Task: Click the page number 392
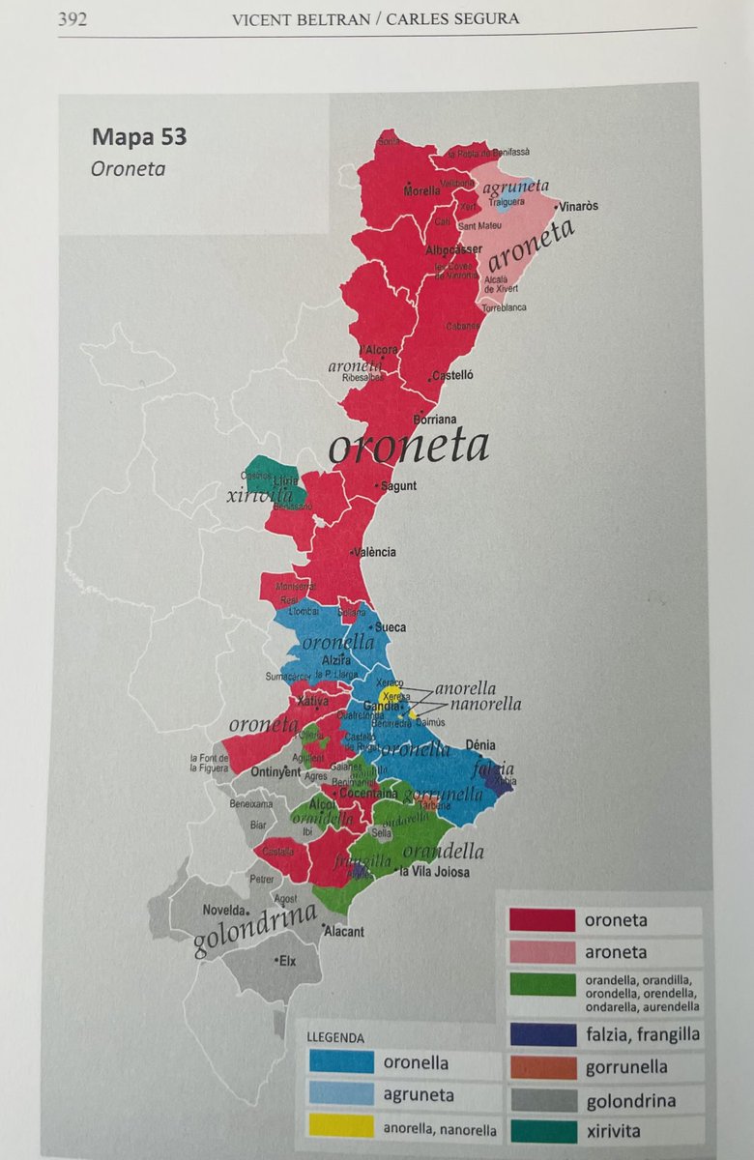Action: click(x=72, y=18)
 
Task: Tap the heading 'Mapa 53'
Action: click(x=139, y=136)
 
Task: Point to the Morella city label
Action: click(x=421, y=190)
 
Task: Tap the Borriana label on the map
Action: click(x=434, y=420)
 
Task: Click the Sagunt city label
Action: click(x=398, y=485)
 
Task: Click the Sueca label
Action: click(x=391, y=627)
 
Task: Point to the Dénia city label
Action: click(x=480, y=745)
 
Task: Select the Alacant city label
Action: click(x=344, y=932)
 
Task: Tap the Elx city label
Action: click(x=286, y=961)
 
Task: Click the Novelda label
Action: click(x=224, y=911)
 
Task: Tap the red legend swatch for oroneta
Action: click(x=541, y=920)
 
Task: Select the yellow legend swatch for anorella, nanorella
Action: click(x=340, y=1127)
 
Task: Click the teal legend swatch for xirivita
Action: click(x=541, y=1131)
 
